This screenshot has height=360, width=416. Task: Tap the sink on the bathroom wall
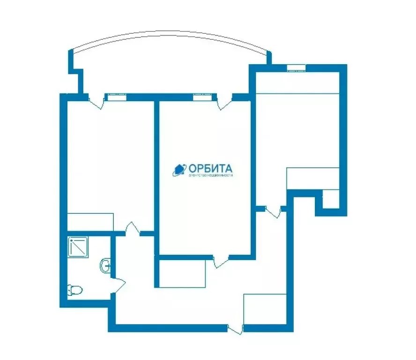(105, 265)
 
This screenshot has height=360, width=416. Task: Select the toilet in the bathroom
(75, 290)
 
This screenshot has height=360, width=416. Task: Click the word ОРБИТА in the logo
(210, 168)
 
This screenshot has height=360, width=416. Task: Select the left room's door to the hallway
(133, 229)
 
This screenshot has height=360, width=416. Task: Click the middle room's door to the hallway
(221, 261)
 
